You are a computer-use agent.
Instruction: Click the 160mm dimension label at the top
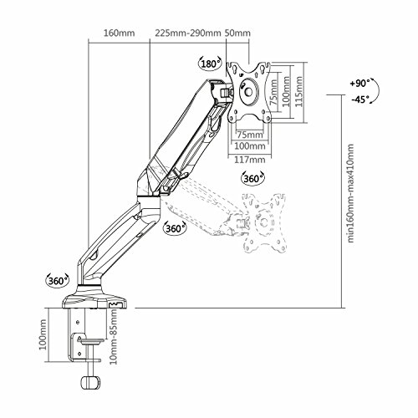(x=120, y=33)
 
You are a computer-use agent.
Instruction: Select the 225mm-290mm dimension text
(x=188, y=33)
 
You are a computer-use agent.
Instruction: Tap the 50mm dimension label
(x=237, y=33)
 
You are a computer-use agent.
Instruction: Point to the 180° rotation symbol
(x=210, y=64)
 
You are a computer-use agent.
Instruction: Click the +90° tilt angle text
(x=359, y=83)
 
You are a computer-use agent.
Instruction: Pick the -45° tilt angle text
(x=359, y=99)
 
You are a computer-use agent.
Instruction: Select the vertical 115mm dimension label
(x=299, y=91)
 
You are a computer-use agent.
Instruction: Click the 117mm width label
(x=249, y=160)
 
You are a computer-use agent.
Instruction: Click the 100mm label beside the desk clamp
(x=42, y=335)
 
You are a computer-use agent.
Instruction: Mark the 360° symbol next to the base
(x=57, y=280)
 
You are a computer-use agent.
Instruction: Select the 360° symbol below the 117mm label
(x=252, y=178)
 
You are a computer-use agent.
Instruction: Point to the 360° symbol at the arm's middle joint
(x=175, y=228)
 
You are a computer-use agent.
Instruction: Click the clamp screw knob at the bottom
(x=90, y=383)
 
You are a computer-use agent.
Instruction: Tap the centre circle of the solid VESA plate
(x=248, y=92)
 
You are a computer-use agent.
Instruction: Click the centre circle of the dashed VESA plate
(x=263, y=222)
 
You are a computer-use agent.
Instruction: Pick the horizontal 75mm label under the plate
(x=250, y=135)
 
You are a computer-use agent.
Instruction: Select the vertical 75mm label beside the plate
(x=274, y=92)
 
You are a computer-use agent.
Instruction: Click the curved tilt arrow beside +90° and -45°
(x=378, y=91)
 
